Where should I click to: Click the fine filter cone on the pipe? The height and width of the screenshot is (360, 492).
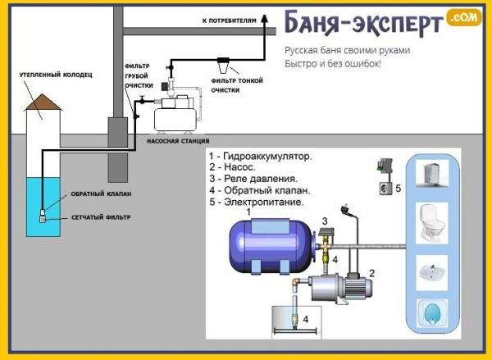point(223,62)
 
